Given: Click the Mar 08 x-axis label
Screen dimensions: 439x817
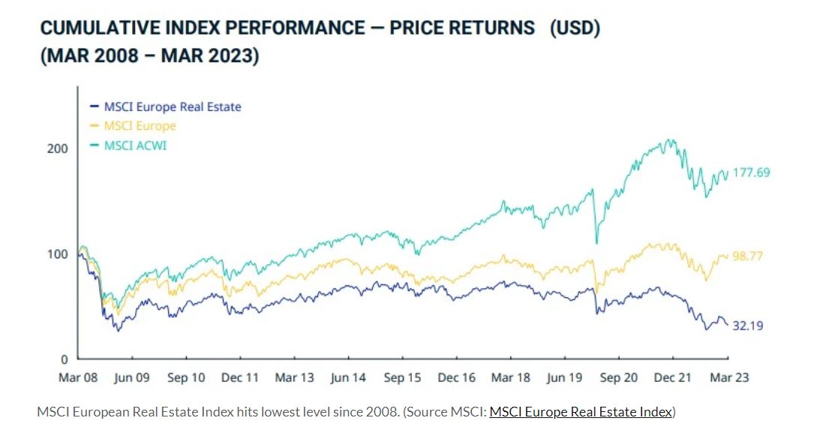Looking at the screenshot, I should (77, 377).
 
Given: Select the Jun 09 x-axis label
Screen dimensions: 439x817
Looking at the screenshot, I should (131, 377).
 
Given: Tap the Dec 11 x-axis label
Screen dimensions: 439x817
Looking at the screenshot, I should (240, 377).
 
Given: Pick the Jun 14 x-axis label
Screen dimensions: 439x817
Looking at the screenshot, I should (348, 377).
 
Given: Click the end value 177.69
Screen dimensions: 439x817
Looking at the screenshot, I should (751, 173).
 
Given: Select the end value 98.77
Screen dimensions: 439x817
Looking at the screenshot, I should (747, 256).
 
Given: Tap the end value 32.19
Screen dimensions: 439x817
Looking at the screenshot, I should (747, 326).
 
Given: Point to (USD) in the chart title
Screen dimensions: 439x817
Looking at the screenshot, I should (575, 29).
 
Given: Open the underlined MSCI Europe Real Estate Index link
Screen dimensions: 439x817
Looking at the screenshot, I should (580, 411).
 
